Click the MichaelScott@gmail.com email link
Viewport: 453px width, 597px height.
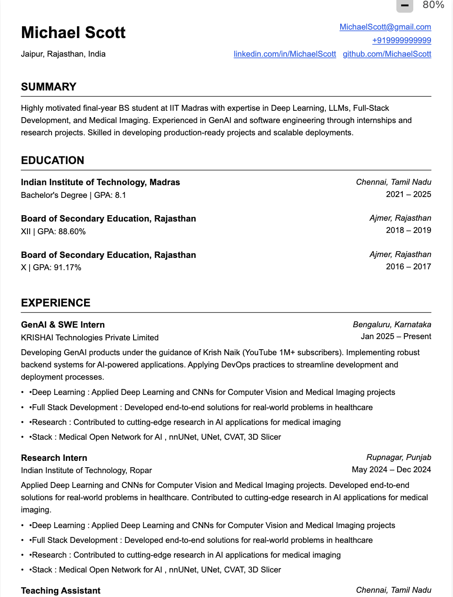385,27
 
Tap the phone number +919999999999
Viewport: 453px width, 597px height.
401,41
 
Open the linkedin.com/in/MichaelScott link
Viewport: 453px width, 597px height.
284,54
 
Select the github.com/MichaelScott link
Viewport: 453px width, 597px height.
387,54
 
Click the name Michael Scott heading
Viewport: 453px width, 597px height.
73,33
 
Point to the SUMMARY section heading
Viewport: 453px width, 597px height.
49,87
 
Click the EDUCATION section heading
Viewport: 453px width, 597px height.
52,160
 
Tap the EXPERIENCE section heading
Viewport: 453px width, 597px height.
55,303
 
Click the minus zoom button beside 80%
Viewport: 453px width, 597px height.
404,5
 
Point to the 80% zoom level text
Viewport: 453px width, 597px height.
433,5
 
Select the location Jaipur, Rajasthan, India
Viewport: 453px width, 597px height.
63,54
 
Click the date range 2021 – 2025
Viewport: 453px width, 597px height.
408,194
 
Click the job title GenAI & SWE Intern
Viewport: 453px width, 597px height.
63,325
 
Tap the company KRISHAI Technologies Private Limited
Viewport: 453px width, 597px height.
90,337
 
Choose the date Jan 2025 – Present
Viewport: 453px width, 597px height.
396,337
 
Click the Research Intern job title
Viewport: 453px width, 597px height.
54,458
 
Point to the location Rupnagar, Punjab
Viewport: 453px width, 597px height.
398,457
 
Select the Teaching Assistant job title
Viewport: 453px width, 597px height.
60,591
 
